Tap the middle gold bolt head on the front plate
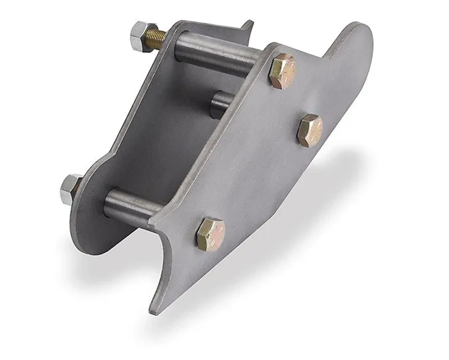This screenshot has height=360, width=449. click(310, 128)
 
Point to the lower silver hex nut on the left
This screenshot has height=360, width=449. click(70, 188)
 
